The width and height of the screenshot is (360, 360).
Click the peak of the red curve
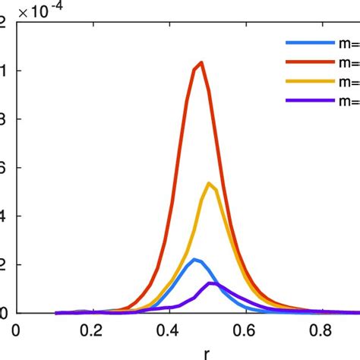201,62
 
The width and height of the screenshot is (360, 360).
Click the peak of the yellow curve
209,183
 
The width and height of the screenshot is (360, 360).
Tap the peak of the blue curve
194,260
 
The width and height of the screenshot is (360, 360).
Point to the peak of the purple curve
210,283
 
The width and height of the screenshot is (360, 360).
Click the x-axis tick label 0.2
92,330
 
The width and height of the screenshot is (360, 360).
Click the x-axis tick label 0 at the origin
17,330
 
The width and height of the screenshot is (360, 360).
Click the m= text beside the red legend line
349,63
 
